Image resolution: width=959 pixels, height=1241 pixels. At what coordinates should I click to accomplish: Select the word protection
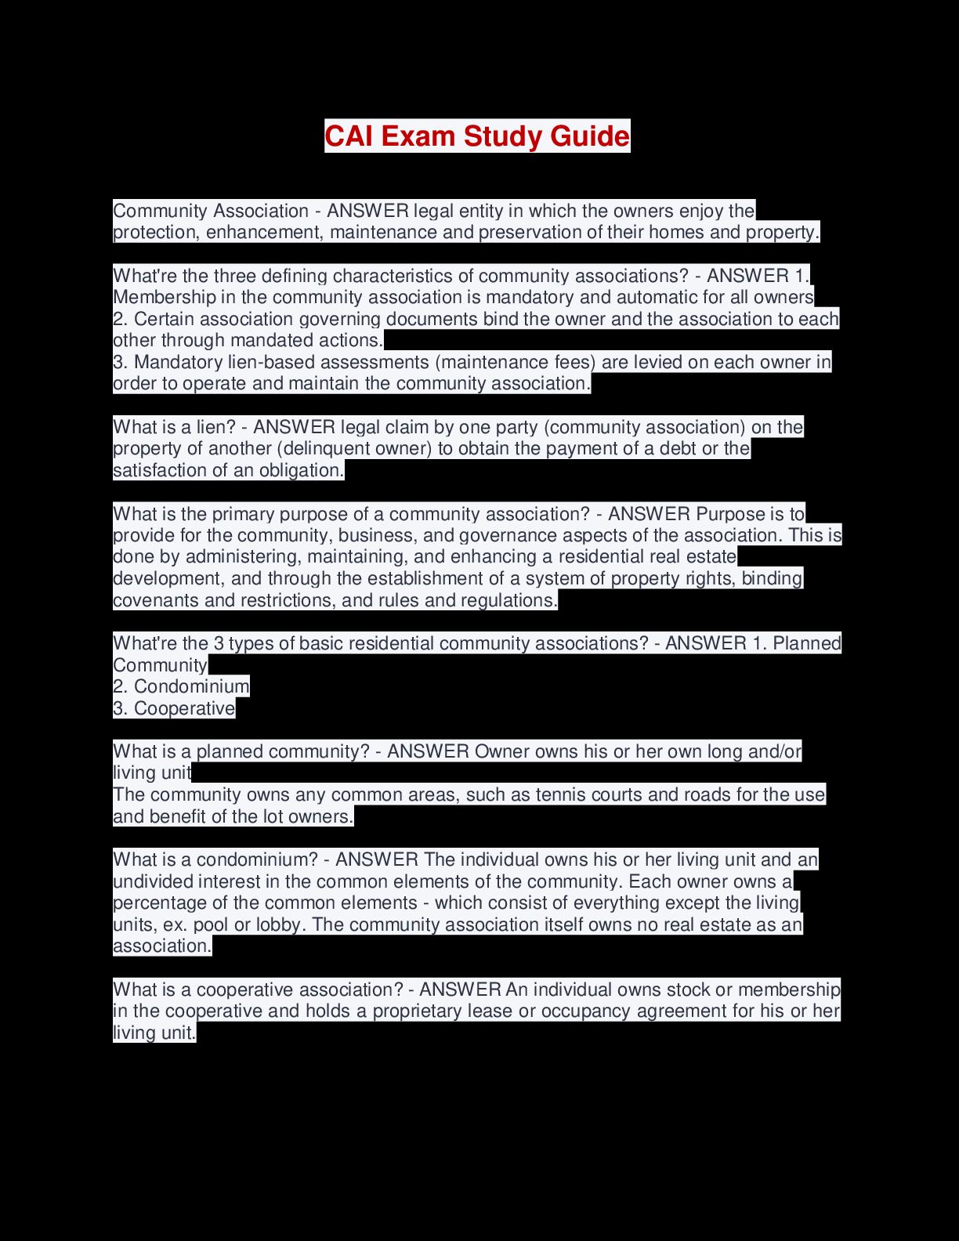154,233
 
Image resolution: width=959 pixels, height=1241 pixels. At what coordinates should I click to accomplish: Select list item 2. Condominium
181,687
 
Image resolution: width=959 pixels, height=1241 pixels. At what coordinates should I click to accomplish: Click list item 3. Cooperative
174,709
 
